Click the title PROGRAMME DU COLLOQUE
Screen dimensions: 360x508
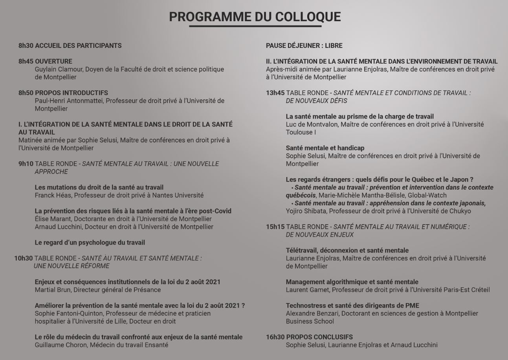(255, 17)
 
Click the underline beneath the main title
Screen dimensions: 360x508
(255, 26)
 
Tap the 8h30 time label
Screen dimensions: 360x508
(26, 46)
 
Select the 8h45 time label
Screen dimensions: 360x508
(26, 61)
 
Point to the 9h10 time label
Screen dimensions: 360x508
(26, 164)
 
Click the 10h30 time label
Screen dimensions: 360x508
(24, 258)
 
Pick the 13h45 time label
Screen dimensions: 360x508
(275, 93)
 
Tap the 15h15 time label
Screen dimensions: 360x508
(275, 227)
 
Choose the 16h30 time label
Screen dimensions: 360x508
(275, 337)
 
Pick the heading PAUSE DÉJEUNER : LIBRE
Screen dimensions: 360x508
(304, 46)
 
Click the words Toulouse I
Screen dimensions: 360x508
(301, 132)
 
